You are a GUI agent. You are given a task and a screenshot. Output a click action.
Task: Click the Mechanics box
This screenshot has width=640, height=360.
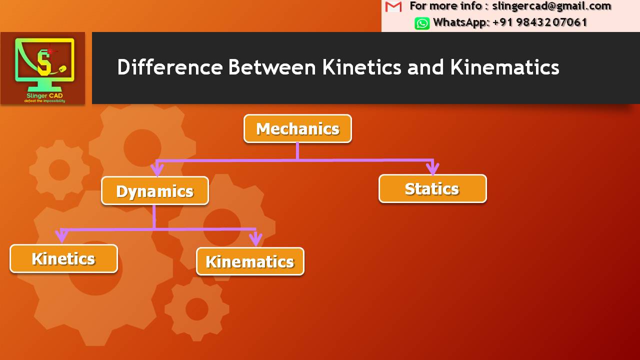tap(297, 129)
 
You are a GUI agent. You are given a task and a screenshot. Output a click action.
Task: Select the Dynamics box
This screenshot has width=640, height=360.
tap(155, 191)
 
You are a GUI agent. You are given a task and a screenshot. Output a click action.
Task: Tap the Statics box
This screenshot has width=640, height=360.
tap(432, 189)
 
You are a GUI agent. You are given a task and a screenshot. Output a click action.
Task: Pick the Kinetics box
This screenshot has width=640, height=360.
tap(63, 258)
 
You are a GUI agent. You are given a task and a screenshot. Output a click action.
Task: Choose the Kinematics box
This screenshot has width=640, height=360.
tap(250, 261)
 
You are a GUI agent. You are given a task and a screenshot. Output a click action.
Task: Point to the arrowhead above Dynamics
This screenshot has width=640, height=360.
tap(157, 170)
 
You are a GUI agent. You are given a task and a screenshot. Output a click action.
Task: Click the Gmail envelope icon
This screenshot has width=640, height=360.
tap(394, 6)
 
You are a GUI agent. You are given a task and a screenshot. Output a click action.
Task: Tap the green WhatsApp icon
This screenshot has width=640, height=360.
tap(422, 23)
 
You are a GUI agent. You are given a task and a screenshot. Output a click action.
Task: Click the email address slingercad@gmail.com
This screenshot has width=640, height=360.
tap(551, 6)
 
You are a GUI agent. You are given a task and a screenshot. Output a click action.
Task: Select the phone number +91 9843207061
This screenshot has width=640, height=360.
tap(540, 22)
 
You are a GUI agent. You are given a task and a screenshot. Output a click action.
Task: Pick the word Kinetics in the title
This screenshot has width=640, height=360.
tap(361, 67)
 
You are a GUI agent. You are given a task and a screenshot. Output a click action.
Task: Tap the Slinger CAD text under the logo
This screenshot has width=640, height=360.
tap(45, 95)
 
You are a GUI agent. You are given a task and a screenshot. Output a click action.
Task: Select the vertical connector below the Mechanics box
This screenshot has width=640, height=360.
tap(297, 151)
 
